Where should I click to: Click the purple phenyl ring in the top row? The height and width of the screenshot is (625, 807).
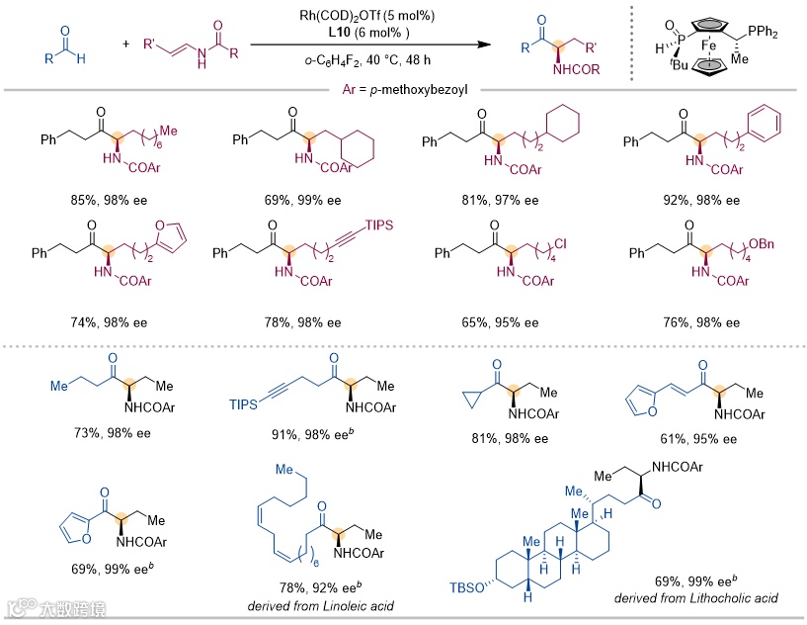pos(765,125)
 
